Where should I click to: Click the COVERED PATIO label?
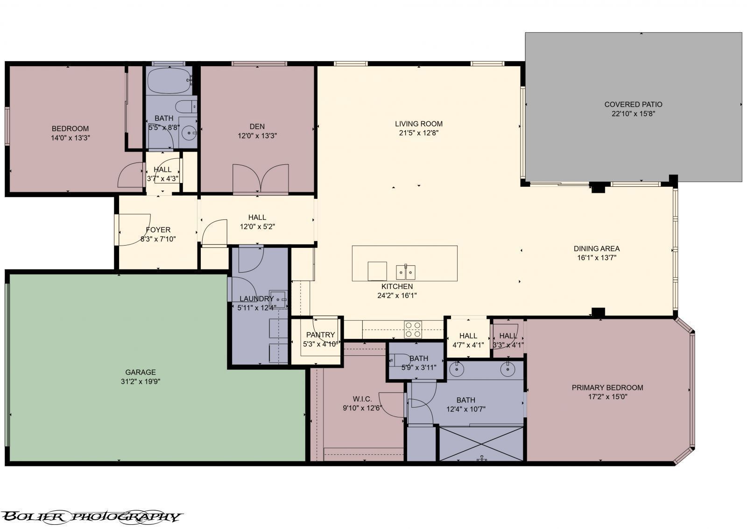coord(633,105)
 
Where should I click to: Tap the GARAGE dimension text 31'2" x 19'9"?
coord(140,381)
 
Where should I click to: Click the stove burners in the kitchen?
coord(413,329)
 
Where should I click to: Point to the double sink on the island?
coord(406,271)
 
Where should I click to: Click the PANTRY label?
coord(320,335)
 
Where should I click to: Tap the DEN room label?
coord(257,127)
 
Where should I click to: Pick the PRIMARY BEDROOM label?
coord(607,388)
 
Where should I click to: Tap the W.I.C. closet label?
coord(362,399)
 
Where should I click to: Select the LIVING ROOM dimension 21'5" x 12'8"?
coord(418,133)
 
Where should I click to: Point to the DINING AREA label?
coord(596,249)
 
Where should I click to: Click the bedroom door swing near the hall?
coord(131,175)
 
